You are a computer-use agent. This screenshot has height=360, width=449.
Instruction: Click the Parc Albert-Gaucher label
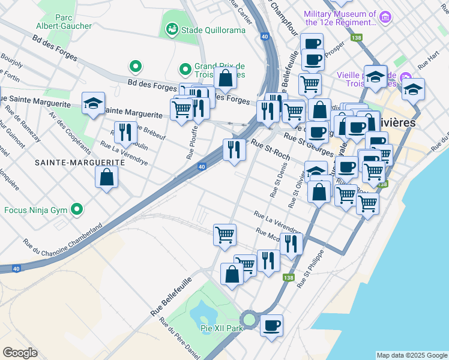point(73,22)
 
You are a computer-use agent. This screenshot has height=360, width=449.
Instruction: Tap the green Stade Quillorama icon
point(172,28)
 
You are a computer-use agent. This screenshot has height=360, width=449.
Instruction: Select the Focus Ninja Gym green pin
point(76,209)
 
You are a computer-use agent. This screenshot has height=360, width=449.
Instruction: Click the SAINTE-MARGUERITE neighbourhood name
point(67,163)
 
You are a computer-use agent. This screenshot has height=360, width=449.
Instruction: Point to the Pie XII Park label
point(222,329)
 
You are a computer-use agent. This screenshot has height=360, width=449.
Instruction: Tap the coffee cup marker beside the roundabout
point(271,325)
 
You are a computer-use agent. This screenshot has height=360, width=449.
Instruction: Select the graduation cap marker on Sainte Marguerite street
point(93,103)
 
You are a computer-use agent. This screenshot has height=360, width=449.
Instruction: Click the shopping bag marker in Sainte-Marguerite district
point(106,177)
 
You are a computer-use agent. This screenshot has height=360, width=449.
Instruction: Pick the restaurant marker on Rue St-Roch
point(234,149)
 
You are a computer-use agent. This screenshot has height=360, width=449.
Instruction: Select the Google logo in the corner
point(20,353)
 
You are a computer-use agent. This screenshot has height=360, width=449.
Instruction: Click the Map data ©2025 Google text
point(411,355)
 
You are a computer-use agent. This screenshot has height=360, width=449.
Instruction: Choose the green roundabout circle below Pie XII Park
point(249,319)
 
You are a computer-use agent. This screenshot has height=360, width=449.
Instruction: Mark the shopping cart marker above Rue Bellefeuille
point(224,235)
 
